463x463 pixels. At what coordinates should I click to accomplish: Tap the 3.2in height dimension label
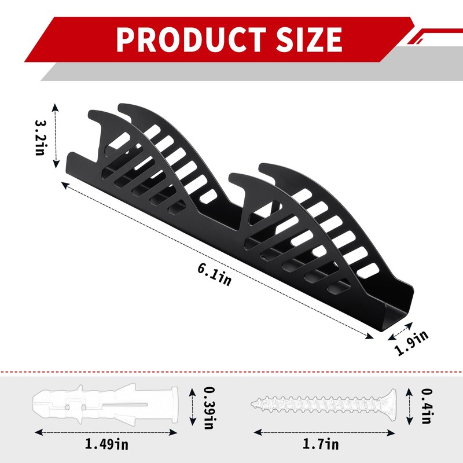[41, 137]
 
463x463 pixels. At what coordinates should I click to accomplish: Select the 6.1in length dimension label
[214, 274]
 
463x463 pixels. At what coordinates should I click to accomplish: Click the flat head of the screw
[392, 403]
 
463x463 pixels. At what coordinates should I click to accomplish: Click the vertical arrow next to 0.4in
[409, 403]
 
